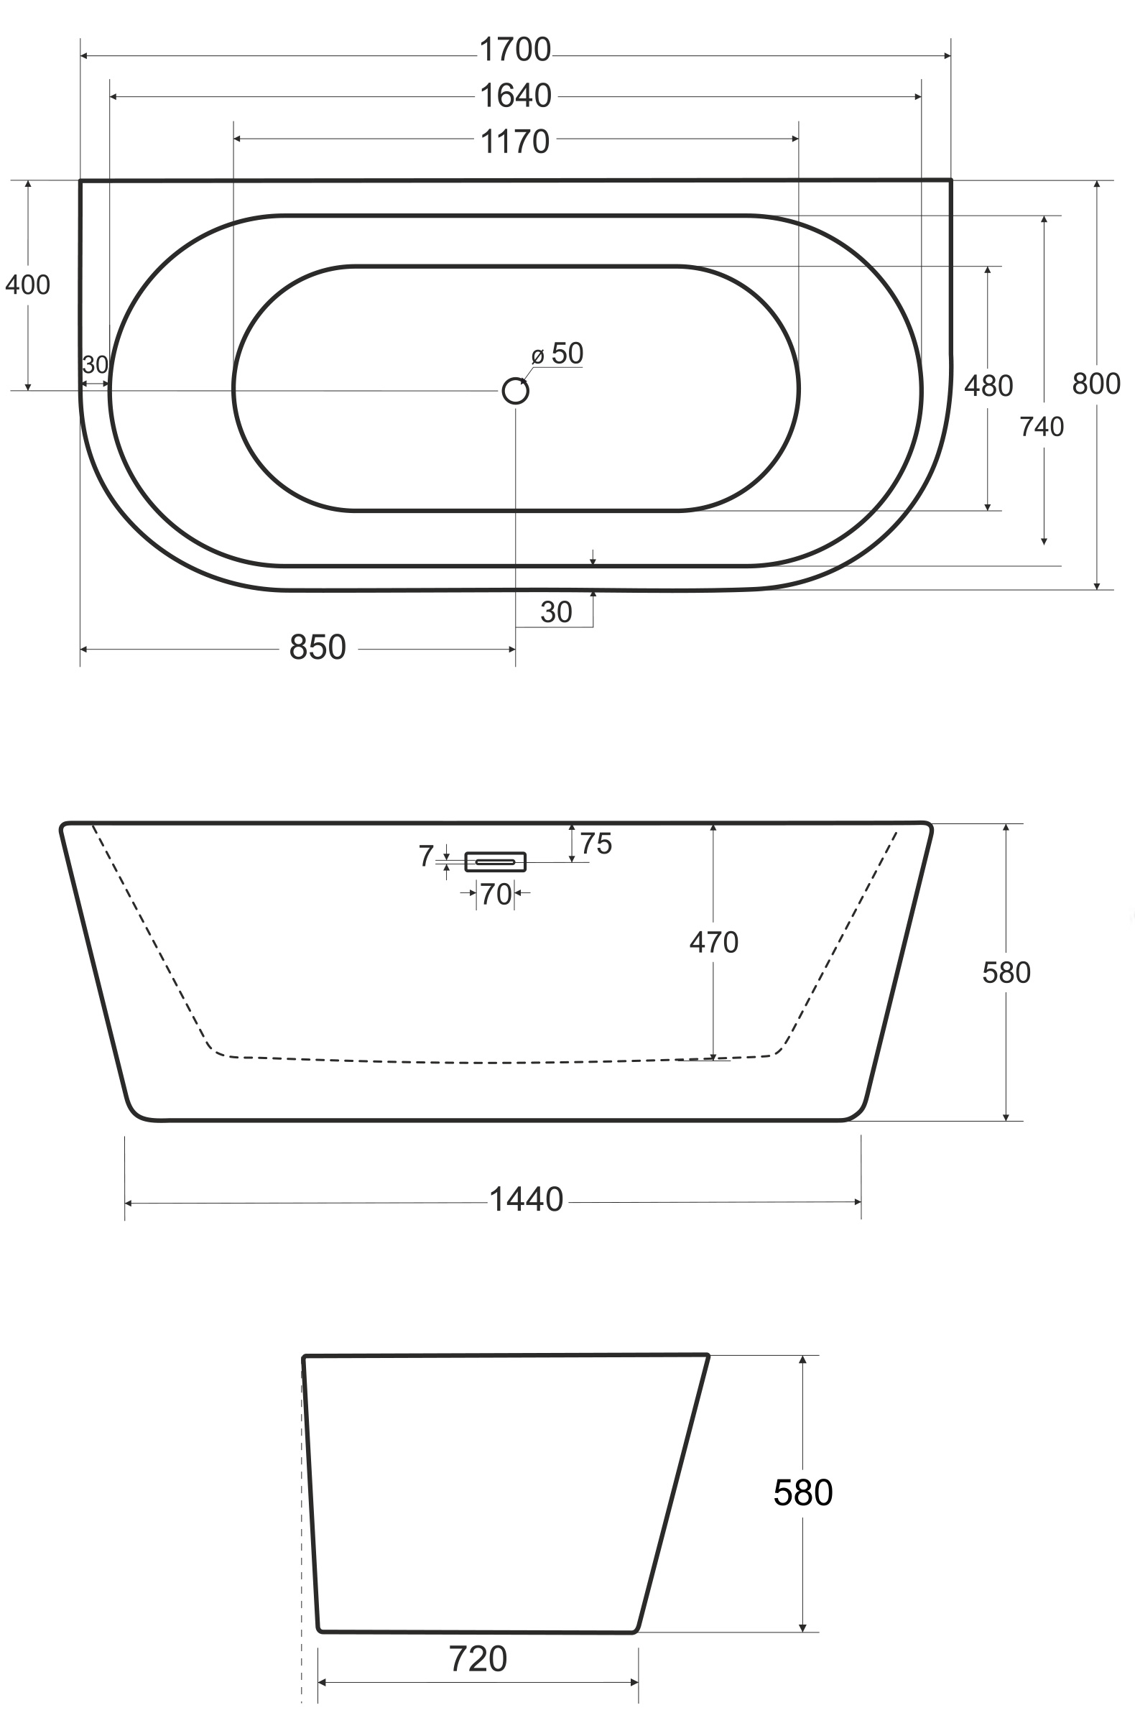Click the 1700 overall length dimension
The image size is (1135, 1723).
515,50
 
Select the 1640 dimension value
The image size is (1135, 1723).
515,96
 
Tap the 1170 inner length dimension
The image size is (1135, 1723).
515,142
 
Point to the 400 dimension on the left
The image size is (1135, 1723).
27,285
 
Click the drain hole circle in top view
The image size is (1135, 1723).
515,391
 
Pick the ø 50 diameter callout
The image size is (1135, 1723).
557,354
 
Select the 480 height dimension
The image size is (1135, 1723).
988,387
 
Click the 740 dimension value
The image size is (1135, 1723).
1042,427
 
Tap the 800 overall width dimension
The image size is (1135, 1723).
1096,384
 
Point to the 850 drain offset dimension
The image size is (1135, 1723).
318,647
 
